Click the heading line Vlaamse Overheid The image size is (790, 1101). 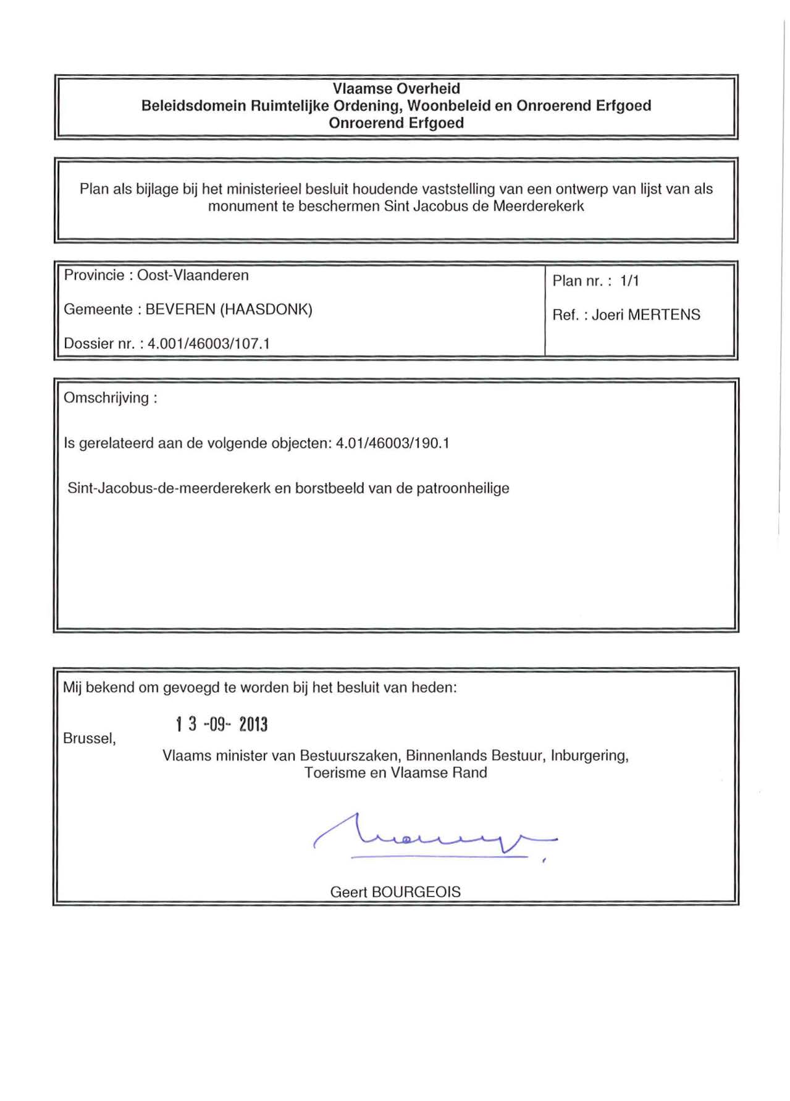coord(396,88)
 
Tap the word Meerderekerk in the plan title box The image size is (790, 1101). coord(538,206)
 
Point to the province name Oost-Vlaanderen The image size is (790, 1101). coord(193,276)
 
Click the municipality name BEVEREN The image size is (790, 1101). coord(180,310)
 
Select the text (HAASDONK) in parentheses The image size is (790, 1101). coord(266,310)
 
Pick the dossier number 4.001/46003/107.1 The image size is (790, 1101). coord(209,344)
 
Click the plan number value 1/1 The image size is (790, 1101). coord(629,281)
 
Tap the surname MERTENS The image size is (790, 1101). coord(664,315)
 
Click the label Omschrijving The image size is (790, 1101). coord(106,398)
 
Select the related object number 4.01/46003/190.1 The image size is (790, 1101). coord(392,444)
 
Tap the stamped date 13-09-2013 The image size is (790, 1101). coord(222,725)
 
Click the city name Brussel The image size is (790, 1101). coord(89,739)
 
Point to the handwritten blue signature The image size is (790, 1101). coord(432,838)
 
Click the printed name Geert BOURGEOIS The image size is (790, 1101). coord(395,892)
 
